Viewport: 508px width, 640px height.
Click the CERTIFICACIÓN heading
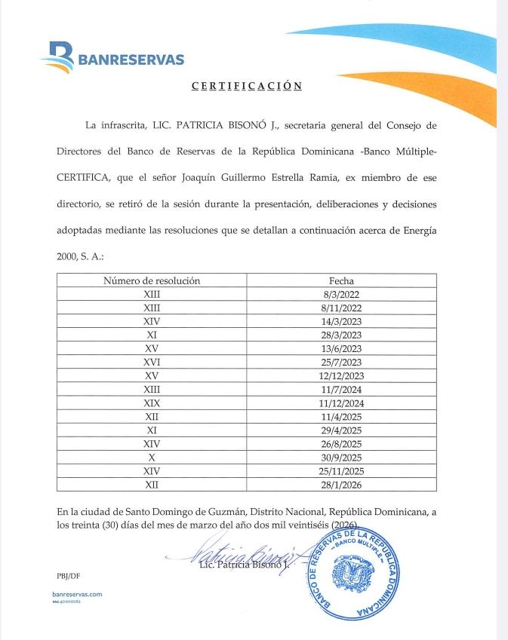pos(247,86)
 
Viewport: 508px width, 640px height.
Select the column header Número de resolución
pos(152,280)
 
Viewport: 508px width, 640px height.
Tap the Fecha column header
pos(341,280)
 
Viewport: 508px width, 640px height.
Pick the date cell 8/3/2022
pos(341,294)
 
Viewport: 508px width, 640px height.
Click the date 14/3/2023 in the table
pos(341,321)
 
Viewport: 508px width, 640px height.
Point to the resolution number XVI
pos(152,362)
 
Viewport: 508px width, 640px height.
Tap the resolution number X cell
pos(152,457)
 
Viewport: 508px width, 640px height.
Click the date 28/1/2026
pos(341,484)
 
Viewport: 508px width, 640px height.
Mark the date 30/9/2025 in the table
pos(341,457)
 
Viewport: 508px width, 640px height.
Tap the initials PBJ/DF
pos(67,575)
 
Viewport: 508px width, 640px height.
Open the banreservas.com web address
pos(72,594)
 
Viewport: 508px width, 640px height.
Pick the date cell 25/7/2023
pos(341,362)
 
